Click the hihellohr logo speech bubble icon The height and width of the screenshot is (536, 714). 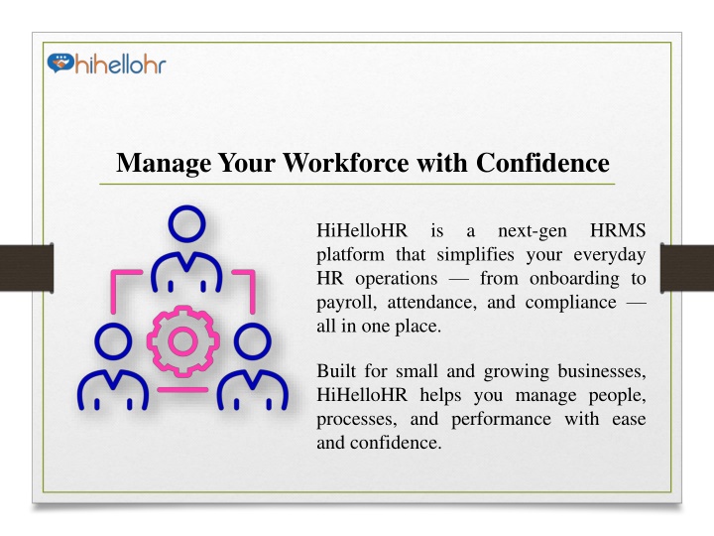[x=60, y=64]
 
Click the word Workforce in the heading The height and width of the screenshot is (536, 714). [x=346, y=162]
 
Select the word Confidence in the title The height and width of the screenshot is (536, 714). [x=542, y=162]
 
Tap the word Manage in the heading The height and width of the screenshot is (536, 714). [x=164, y=164]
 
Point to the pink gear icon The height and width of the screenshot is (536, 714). [x=183, y=340]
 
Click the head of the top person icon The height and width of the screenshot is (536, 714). [x=186, y=224]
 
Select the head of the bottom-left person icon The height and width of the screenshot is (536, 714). [x=113, y=340]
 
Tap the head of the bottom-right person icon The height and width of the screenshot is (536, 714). [x=253, y=340]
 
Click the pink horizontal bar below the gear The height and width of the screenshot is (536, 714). [x=182, y=390]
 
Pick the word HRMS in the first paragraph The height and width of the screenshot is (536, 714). [x=618, y=230]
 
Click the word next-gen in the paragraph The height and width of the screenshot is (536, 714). [x=533, y=231]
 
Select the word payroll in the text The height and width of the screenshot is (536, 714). [x=346, y=303]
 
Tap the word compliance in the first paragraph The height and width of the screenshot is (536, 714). [x=570, y=303]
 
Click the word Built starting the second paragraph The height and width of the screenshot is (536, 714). [x=336, y=371]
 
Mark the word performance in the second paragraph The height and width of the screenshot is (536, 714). [x=502, y=420]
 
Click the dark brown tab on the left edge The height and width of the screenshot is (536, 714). [x=27, y=268]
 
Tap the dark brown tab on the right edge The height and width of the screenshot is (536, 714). [x=687, y=268]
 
